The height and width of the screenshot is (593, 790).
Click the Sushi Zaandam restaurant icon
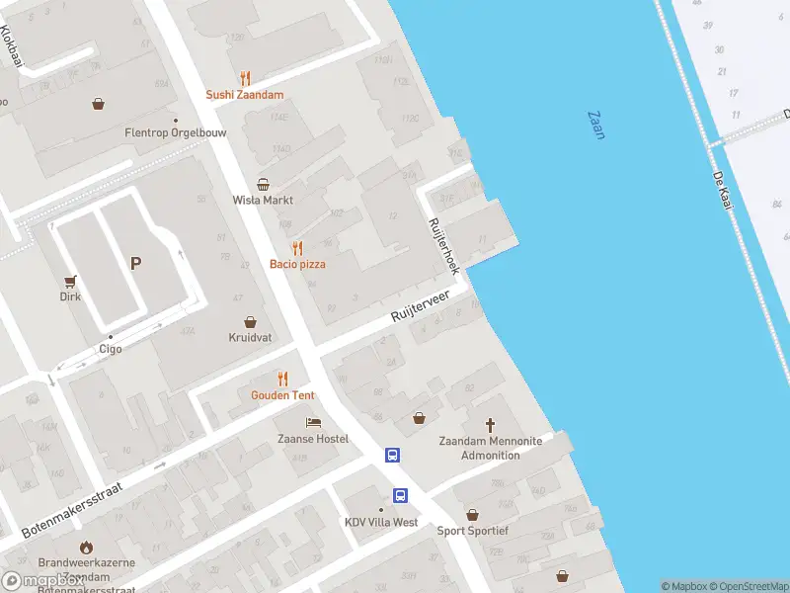tap(245, 78)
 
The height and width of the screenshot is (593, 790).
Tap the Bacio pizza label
tap(297, 264)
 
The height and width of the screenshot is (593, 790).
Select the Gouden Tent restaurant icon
tap(282, 378)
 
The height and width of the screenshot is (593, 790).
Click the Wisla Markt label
tap(263, 200)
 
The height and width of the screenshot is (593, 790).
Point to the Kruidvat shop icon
tap(251, 321)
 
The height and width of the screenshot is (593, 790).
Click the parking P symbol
tap(135, 264)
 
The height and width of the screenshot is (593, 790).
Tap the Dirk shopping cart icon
tap(70, 282)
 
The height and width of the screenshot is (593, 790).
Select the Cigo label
tap(110, 349)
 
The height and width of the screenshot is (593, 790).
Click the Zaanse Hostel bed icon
tap(312, 422)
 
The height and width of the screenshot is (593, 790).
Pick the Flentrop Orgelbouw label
tap(162, 132)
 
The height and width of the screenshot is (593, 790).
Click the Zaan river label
tap(595, 125)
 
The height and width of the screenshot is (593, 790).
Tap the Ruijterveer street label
tap(420, 305)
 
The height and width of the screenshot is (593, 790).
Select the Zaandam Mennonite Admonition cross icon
tap(477, 420)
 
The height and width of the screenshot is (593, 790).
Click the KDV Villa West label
tap(381, 523)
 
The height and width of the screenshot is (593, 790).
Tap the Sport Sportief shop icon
tap(473, 515)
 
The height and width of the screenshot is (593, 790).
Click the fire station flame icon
tap(86, 547)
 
